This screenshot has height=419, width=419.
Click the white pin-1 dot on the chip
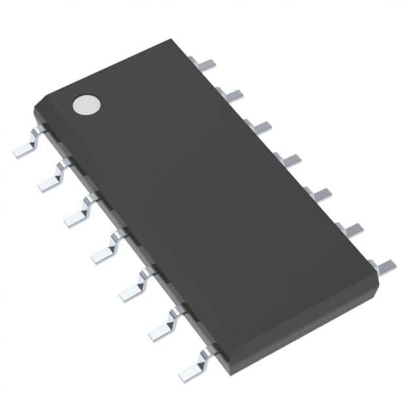86,103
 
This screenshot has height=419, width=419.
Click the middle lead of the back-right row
288,160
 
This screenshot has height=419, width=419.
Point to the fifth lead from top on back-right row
318,193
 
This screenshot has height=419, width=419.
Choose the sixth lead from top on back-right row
350,228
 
